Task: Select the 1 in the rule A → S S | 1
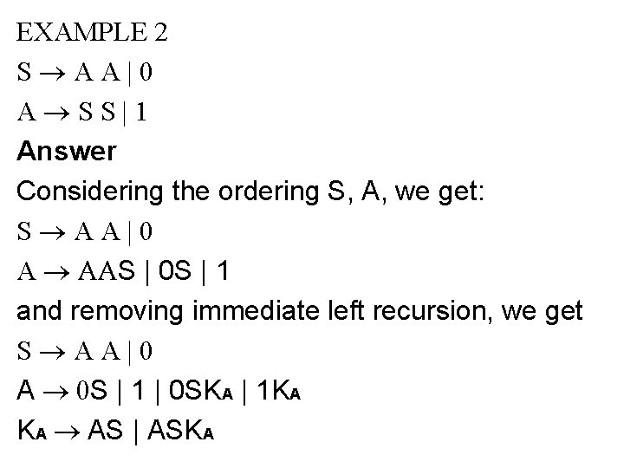click(x=140, y=113)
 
